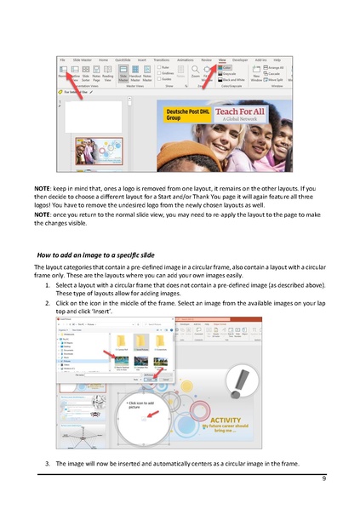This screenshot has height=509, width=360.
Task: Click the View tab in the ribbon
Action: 222,60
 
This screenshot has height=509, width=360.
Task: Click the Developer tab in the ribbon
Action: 241,60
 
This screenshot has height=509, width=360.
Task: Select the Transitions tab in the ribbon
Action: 159,60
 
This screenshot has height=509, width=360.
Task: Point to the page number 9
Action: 323,480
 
